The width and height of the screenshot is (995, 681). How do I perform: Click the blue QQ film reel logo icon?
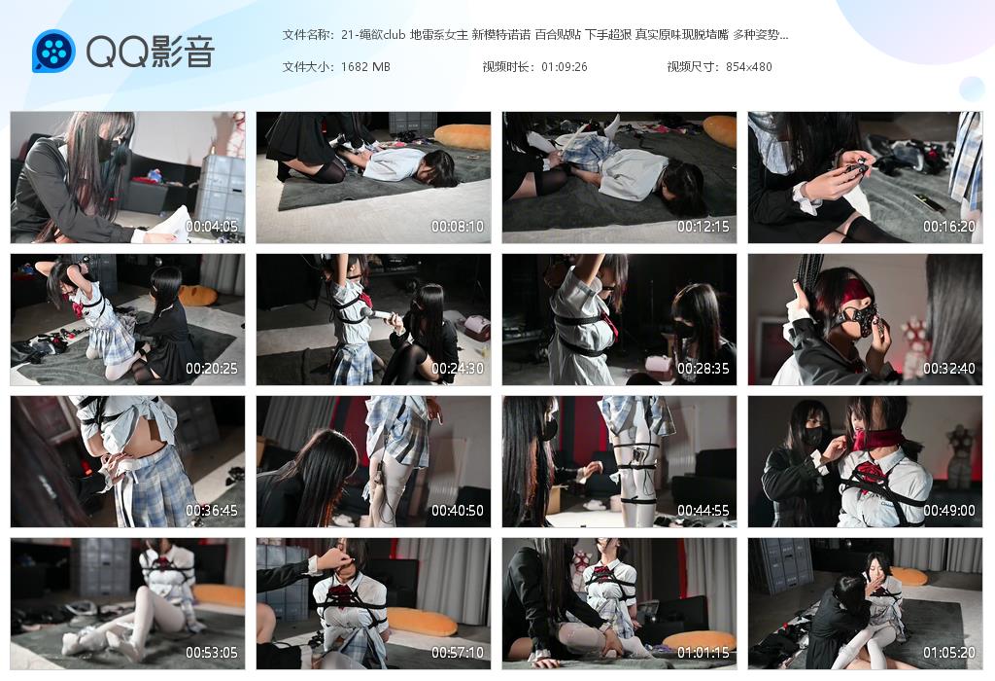pyautogui.click(x=53, y=51)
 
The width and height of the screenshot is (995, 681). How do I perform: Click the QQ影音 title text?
pyautogui.click(x=151, y=52)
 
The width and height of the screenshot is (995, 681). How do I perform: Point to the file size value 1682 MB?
pyautogui.click(x=365, y=67)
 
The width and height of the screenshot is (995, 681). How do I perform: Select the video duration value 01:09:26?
pyautogui.click(x=561, y=67)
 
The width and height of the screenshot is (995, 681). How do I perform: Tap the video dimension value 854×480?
pyautogui.click(x=749, y=67)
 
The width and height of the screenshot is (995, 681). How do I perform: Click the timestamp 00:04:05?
pyautogui.click(x=212, y=226)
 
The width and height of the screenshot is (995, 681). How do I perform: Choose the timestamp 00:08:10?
pyautogui.click(x=458, y=226)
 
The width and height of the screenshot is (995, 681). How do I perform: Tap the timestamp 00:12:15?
pyautogui.click(x=703, y=226)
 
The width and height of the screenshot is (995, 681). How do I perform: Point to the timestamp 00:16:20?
pyautogui.click(x=949, y=226)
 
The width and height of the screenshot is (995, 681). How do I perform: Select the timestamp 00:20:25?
pyautogui.click(x=212, y=369)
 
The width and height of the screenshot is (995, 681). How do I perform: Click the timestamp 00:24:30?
pyautogui.click(x=458, y=369)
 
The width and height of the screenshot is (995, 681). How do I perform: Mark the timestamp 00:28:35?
pyautogui.click(x=703, y=369)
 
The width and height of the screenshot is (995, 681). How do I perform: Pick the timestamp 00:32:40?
pyautogui.click(x=949, y=369)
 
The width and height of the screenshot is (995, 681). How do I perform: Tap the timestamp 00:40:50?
pyautogui.click(x=458, y=511)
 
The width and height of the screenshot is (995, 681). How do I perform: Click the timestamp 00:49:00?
pyautogui.click(x=949, y=511)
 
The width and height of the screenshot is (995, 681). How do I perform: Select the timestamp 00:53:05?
pyautogui.click(x=212, y=653)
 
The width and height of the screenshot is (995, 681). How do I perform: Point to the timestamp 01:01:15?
pyautogui.click(x=703, y=653)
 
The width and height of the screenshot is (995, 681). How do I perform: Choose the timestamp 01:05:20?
pyautogui.click(x=949, y=653)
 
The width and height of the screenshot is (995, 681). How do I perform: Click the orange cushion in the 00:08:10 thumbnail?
pyautogui.click(x=462, y=136)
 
